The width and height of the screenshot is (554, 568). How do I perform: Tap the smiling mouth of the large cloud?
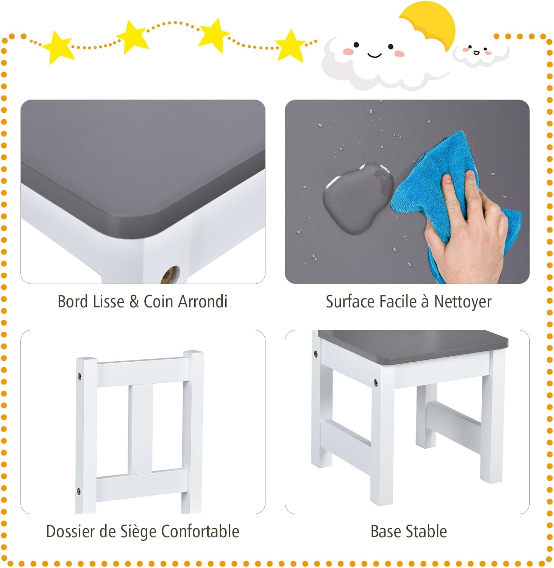pyautogui.click(x=375, y=56)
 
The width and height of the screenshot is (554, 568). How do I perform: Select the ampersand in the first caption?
pyautogui.click(x=134, y=302)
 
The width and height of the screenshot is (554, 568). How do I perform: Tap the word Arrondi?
pyautogui.click(x=203, y=301)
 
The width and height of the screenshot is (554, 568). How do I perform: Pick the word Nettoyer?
pyautogui.click(x=463, y=302)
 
